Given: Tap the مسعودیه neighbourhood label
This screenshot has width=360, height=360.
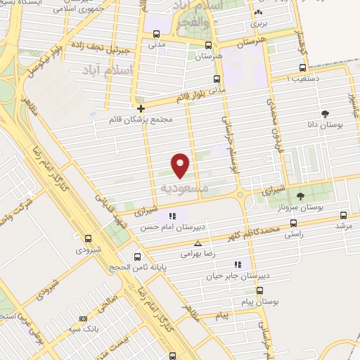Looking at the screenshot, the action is click(184, 188).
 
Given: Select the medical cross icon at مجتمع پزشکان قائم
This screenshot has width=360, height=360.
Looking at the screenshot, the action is click(141, 108).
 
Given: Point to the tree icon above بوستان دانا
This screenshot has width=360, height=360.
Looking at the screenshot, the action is click(324, 113).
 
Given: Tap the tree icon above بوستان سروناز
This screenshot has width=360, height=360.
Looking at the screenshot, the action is click(301, 196).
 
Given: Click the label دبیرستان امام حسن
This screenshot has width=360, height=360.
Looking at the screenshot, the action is click(172, 228).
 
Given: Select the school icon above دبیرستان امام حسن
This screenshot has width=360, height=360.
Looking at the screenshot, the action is click(172, 216).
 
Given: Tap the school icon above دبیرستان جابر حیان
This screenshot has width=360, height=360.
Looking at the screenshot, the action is click(238, 264).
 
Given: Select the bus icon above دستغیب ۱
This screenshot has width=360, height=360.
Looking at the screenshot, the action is click(302, 68).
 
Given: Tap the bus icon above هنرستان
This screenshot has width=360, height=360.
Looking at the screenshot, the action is click(206, 44).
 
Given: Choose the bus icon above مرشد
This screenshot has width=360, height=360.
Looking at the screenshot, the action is click(343, 215).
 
